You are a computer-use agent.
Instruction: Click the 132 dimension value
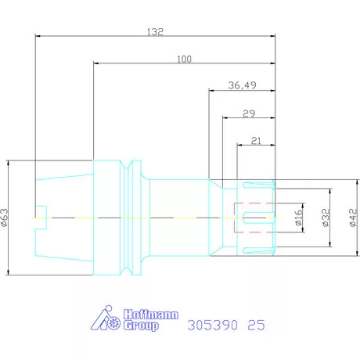pos(155,32)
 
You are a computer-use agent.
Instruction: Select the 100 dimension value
pos(185,59)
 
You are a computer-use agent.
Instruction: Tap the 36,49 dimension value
pos(243,85)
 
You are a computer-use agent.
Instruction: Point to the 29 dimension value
pos(249,113)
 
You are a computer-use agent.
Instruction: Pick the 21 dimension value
pos(256,141)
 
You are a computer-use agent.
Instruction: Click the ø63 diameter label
pos(5,218)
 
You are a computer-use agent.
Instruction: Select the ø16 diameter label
pos(298,217)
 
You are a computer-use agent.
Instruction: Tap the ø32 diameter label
pos(326,218)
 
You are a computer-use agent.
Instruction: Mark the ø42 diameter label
pos(353,218)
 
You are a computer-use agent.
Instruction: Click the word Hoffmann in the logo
pos(151,315)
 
